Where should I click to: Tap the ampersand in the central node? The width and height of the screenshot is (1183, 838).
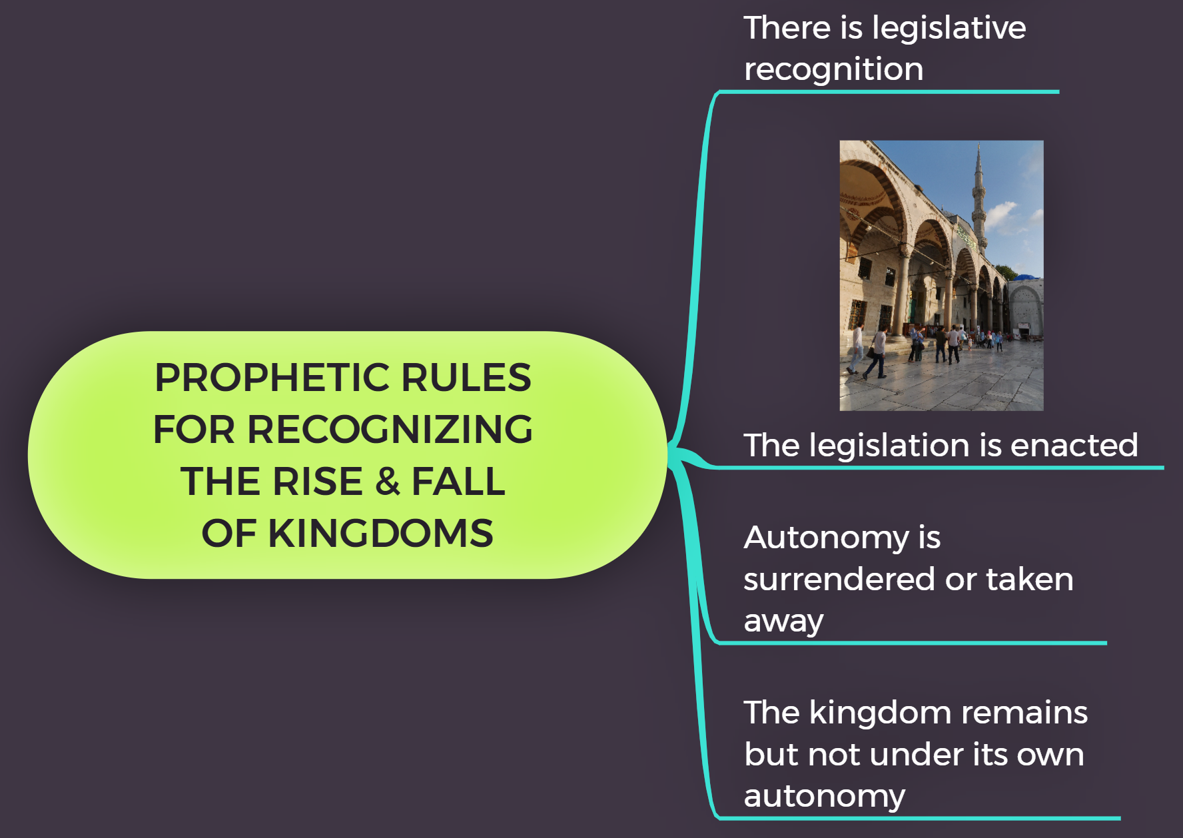[387, 482]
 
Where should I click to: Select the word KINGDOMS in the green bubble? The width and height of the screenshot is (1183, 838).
[380, 534]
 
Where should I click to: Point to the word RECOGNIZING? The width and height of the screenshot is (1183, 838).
[390, 430]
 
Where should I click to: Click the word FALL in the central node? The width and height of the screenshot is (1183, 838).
[458, 482]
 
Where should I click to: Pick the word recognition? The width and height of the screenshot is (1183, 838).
[833, 69]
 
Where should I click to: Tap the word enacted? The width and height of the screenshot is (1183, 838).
[1074, 445]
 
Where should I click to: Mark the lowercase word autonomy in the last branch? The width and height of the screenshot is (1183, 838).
[824, 797]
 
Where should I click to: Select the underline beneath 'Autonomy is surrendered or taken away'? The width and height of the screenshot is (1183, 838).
[913, 643]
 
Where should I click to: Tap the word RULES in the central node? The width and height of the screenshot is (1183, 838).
[466, 378]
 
